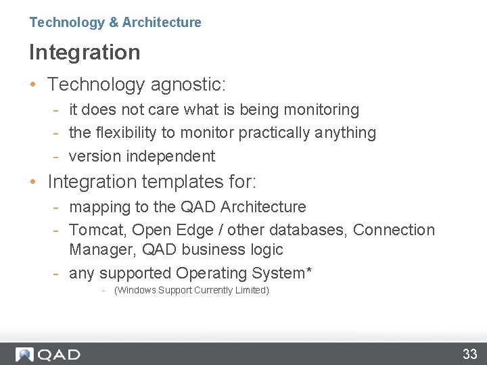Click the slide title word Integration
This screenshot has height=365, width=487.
point(85,52)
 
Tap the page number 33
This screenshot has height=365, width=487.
point(469,354)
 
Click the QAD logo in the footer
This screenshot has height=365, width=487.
point(48,354)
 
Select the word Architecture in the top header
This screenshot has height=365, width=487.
point(162,22)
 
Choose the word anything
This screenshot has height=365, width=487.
point(345,132)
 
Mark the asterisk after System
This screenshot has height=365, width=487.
point(309,270)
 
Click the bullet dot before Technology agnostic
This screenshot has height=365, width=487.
point(33,85)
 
